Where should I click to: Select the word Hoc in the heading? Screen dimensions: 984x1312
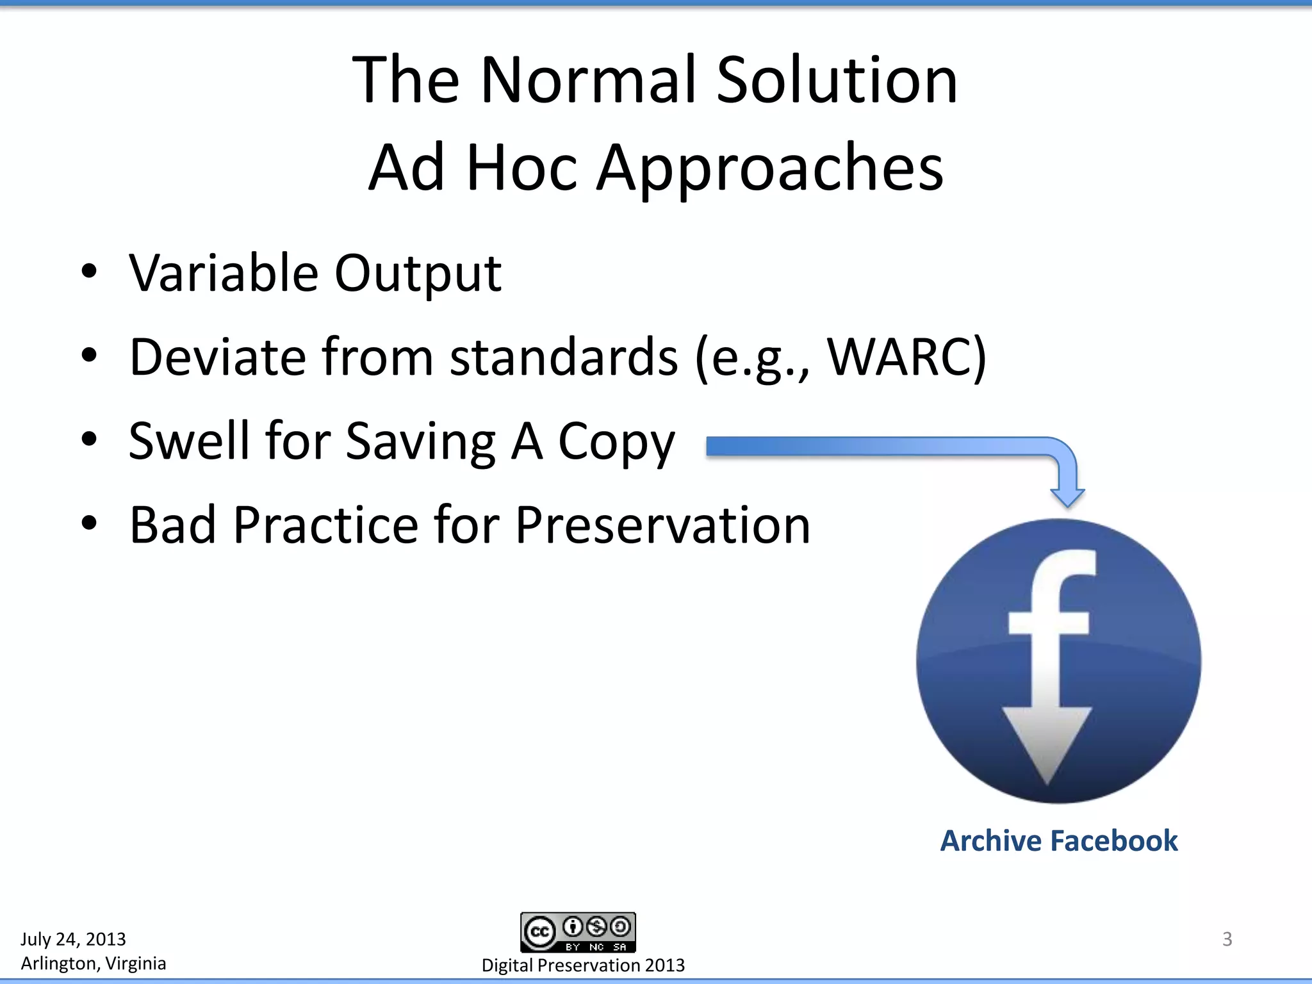point(521,168)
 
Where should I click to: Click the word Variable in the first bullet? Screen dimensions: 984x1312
point(223,273)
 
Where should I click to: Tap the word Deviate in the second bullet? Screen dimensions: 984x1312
point(217,357)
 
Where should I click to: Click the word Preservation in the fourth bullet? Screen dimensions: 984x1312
point(662,525)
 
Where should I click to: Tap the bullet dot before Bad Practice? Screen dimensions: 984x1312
point(89,523)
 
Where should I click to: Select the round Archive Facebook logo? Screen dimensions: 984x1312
point(1058,660)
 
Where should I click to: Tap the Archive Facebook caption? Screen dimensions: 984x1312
point(1058,840)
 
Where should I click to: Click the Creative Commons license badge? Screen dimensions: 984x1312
point(578,933)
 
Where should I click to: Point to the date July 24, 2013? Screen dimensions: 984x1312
point(73,939)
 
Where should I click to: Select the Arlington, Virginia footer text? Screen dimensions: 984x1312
point(93,963)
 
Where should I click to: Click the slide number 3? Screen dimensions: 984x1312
point(1227,939)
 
